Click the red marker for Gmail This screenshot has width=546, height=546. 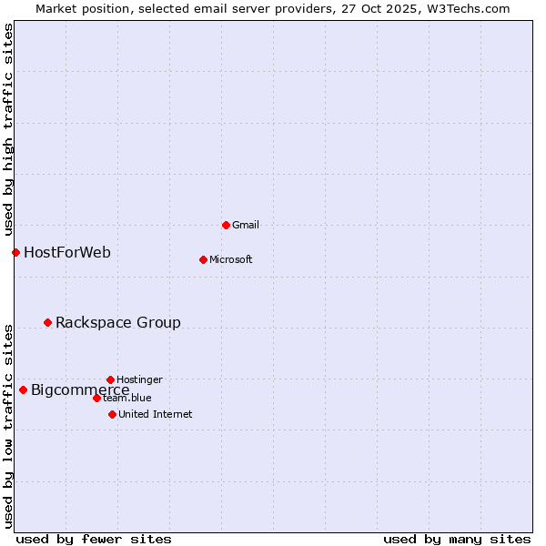click(226, 225)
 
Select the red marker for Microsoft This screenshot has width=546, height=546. click(203, 259)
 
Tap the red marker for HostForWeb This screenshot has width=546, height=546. click(15, 252)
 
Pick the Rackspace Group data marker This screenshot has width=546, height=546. click(47, 322)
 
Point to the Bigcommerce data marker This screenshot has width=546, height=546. click(23, 389)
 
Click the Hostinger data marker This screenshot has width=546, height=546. click(110, 379)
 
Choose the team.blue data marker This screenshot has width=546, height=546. click(96, 398)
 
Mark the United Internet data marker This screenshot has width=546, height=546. click(112, 414)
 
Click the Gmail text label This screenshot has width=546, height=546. click(246, 225)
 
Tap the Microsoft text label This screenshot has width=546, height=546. click(231, 259)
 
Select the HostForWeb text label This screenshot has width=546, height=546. click(67, 252)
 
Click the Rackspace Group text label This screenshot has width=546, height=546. click(118, 322)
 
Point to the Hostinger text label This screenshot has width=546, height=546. click(140, 379)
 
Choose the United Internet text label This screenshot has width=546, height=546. click(156, 414)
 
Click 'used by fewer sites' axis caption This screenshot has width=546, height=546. click(94, 539)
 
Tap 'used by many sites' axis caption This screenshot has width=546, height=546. click(457, 539)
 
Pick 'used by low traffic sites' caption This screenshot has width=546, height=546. click(8, 425)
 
